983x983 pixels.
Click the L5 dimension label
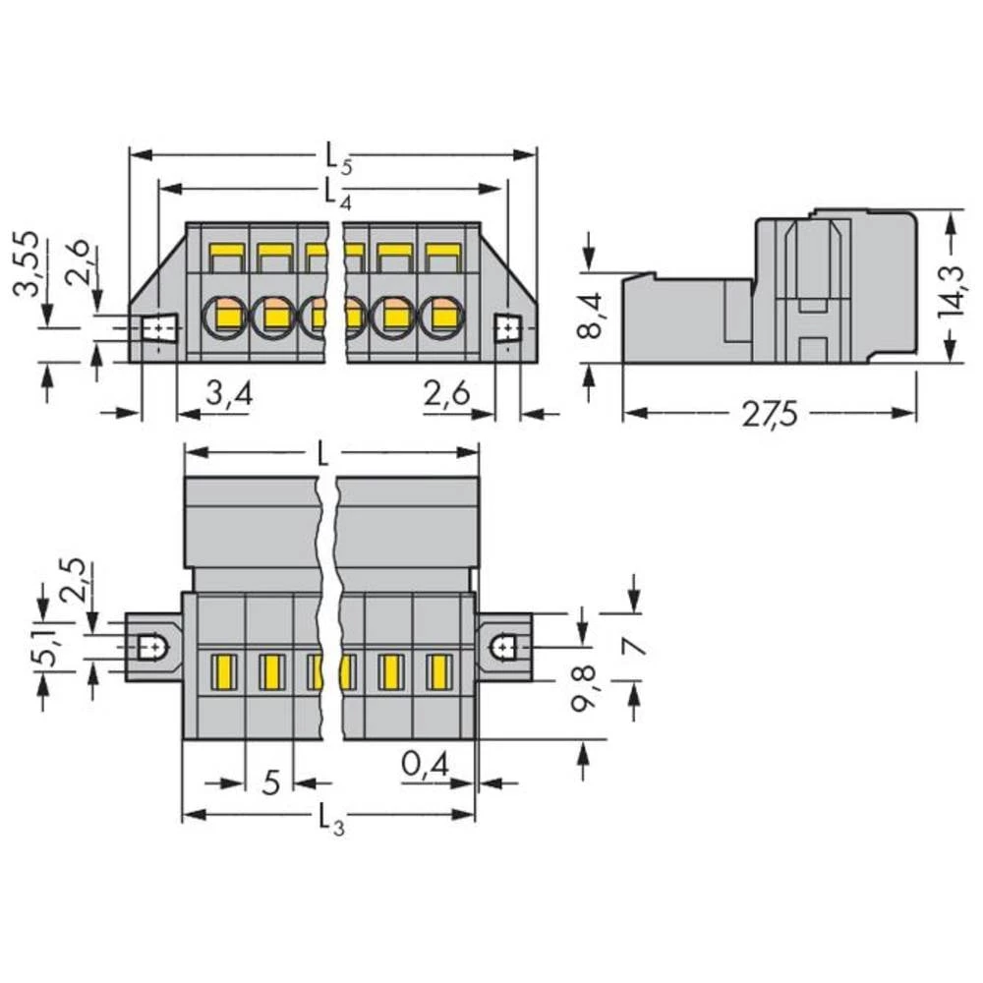tap(333, 157)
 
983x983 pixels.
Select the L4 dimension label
tap(333, 191)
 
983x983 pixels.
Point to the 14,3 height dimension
tap(950, 286)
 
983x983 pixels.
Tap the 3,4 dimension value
tap(230, 396)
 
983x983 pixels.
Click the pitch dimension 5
tap(272, 782)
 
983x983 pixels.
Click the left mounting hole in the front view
tap(157, 327)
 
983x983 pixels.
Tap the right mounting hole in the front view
tap(506, 327)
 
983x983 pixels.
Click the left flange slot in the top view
tap(151, 647)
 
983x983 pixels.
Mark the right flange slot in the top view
tap(503, 647)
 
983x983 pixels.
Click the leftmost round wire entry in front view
tap(224, 317)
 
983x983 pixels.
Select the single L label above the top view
tap(325, 455)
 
